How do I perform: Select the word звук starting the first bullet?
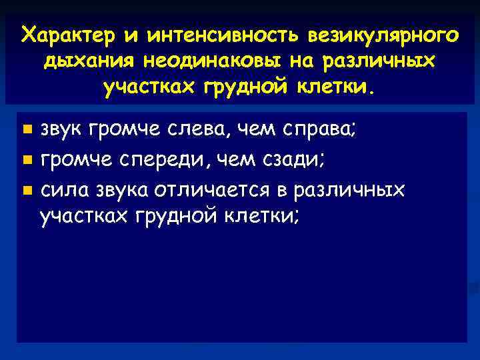pyautogui.click(x=62, y=129)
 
